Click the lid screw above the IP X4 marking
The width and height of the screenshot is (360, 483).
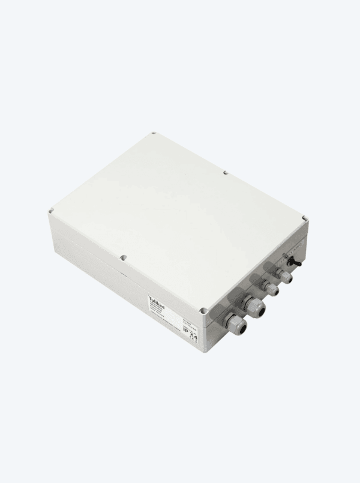click(205, 311)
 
